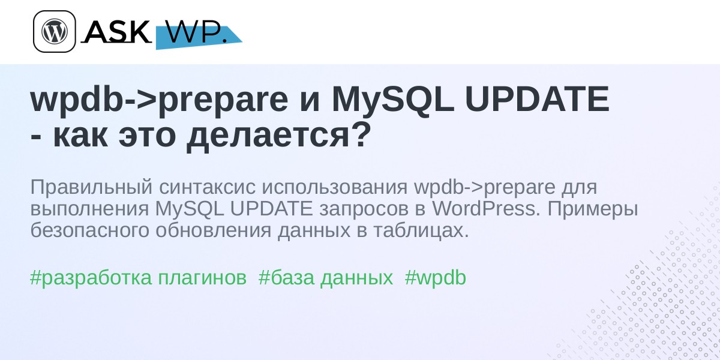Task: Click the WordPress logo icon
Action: [55, 31]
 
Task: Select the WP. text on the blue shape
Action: [196, 32]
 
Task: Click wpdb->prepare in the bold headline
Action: [159, 100]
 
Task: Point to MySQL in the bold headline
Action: [393, 100]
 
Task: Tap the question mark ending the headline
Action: [358, 134]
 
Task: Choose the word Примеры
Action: [593, 209]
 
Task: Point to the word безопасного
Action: [89, 230]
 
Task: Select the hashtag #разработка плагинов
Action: [138, 278]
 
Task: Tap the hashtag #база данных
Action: [326, 278]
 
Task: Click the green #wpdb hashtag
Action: [435, 277]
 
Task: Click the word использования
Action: [336, 187]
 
